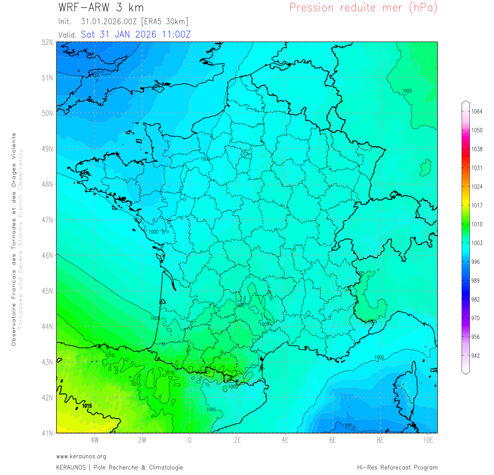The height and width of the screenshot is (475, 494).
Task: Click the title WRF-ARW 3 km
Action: point(101,8)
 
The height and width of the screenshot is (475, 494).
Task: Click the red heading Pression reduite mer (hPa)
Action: point(363,8)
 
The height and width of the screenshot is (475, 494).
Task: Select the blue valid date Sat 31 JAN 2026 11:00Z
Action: point(136,35)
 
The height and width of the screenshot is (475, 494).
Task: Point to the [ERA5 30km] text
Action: point(165,22)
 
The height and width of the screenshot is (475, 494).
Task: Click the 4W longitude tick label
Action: point(94,440)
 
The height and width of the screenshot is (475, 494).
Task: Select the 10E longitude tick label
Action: point(428,440)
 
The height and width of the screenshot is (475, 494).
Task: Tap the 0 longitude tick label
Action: point(190,440)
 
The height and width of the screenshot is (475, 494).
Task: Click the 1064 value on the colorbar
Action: point(476,112)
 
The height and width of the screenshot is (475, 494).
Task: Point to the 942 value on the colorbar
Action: point(476,356)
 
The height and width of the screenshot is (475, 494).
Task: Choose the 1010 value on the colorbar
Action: point(476,224)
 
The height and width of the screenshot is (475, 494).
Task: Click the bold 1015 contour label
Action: point(87,406)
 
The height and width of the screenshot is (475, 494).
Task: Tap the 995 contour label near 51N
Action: point(95,75)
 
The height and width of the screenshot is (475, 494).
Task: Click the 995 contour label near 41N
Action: point(348,426)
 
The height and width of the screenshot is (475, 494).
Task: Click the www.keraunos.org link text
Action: point(81,456)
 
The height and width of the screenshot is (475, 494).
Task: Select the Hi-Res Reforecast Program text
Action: point(397,468)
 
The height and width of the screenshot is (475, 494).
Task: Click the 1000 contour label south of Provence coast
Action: point(379,357)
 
